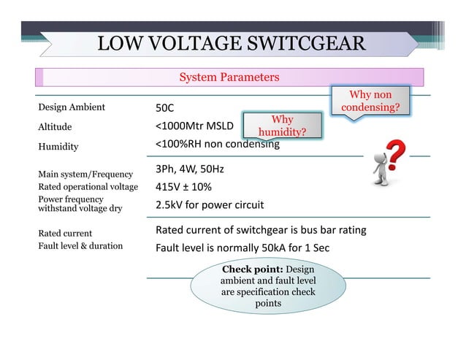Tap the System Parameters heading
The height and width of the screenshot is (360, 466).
click(229, 77)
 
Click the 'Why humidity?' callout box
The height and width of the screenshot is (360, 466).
click(282, 126)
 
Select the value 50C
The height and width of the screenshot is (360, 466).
click(164, 108)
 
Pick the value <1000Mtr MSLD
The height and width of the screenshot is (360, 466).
click(194, 126)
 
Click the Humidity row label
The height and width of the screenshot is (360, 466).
click(58, 146)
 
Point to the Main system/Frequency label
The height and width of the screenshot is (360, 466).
click(85, 174)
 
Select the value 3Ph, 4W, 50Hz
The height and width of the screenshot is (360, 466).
click(190, 169)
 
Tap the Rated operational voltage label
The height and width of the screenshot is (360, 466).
click(88, 187)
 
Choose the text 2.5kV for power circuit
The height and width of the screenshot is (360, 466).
click(210, 204)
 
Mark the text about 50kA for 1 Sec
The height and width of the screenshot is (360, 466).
click(242, 248)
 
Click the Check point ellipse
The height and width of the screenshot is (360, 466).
click(267, 286)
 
